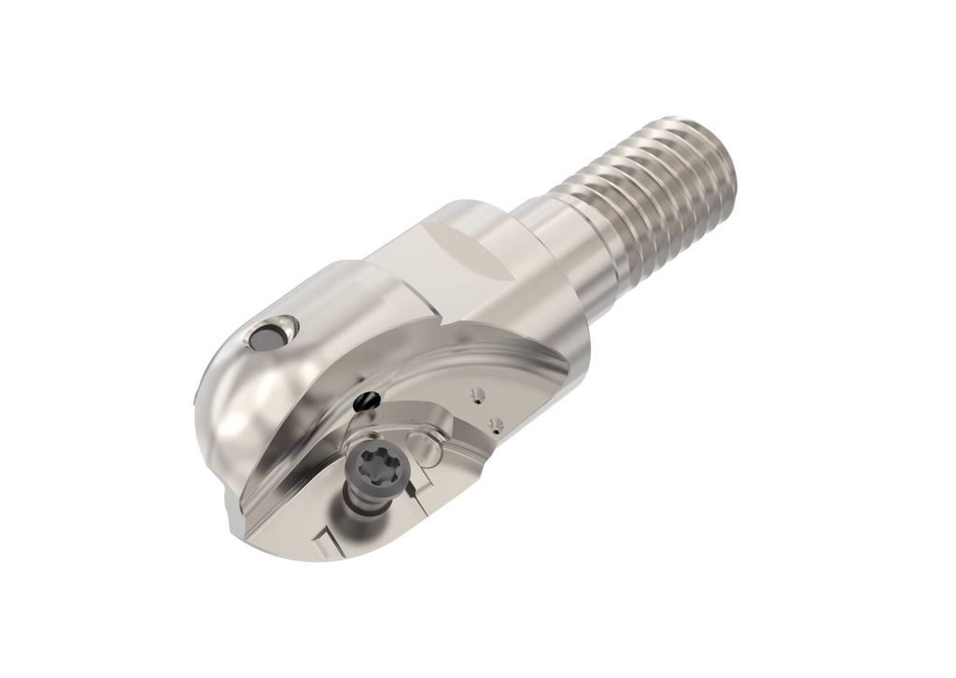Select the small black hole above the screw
coord(368,401)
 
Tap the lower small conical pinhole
coord(495,425)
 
